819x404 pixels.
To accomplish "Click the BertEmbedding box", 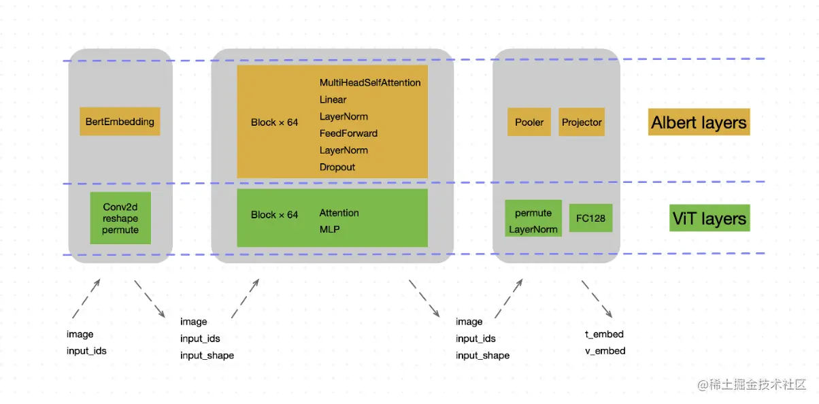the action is coord(120,121).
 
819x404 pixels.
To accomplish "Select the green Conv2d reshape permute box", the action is coord(120,218).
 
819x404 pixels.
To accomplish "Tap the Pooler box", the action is coord(529,122).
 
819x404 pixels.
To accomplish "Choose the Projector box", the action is coord(582,122).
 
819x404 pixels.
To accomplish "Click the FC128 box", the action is coord(591,218).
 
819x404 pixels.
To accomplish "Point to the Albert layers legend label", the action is coord(699,122).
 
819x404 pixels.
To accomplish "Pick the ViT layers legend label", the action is coord(709,218).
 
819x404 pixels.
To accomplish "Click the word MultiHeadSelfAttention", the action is coord(370,82).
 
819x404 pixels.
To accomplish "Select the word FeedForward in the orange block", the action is coord(348,133).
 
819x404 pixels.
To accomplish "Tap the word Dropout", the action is coord(337,167).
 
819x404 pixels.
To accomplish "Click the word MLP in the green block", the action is coord(329,229).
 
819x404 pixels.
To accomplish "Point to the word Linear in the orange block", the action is coord(333,99).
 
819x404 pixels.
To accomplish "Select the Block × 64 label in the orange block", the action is coord(274,122).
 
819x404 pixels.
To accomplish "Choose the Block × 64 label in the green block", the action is coord(274,215).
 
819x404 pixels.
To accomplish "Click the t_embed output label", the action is coord(604,334).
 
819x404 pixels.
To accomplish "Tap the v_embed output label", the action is coord(605,351).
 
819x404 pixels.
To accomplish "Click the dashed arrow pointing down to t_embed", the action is coord(597,299).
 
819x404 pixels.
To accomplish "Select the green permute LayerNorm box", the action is coord(533,218).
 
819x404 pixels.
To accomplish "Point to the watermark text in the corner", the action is coord(752,385).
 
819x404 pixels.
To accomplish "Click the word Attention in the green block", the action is coord(339,213).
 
